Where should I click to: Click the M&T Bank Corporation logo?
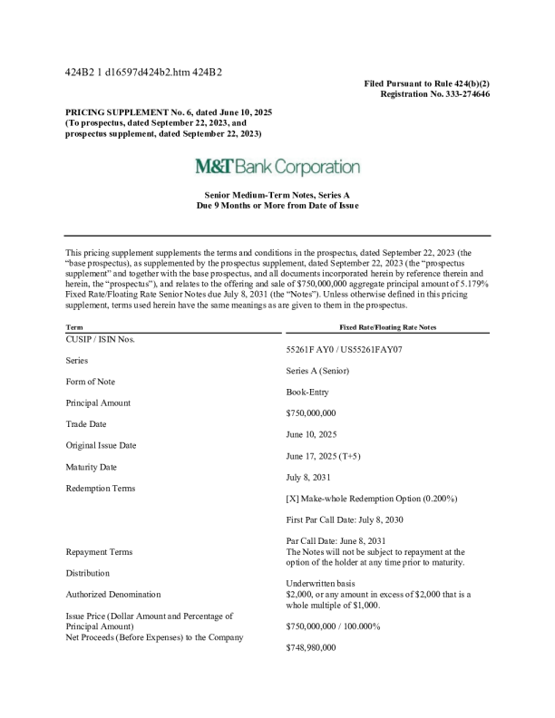tap(277, 168)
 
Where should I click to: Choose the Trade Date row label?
tap(88, 424)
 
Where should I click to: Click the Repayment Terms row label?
tap(99, 551)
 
